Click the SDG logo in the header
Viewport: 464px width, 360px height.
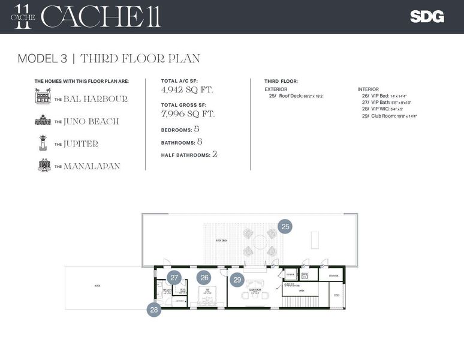click(427, 17)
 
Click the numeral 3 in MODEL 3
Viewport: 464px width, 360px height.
click(63, 59)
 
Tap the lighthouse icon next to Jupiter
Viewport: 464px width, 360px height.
click(43, 143)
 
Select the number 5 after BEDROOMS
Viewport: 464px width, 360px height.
click(197, 129)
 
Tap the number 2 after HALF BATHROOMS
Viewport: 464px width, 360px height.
click(214, 154)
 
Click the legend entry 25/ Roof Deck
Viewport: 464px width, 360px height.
click(296, 96)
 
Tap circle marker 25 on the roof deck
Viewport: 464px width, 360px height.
click(285, 227)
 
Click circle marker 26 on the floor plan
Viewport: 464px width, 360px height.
click(204, 278)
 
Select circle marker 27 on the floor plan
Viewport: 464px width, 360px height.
click(174, 278)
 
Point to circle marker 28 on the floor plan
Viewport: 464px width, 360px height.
click(155, 310)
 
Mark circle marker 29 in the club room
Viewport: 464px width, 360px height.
click(237, 280)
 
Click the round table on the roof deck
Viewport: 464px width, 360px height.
click(260, 241)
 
